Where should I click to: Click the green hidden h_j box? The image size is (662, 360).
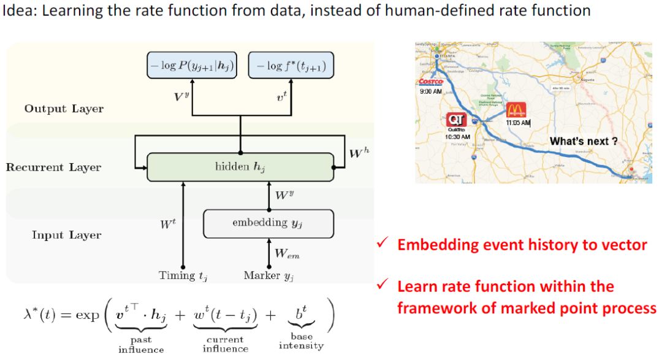(x=240, y=167)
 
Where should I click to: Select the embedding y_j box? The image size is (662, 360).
(x=268, y=223)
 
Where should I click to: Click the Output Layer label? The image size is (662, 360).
(x=64, y=109)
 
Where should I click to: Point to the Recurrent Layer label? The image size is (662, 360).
(x=54, y=167)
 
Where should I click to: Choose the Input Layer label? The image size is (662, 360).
(x=67, y=235)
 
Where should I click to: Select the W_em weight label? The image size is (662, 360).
(x=286, y=253)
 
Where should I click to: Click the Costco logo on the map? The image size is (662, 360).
(x=430, y=82)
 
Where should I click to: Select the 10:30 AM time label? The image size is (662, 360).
(x=457, y=136)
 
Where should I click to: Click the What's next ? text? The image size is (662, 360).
(x=583, y=141)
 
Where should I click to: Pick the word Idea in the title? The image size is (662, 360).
(x=17, y=10)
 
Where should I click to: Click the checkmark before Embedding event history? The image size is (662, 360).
(x=381, y=245)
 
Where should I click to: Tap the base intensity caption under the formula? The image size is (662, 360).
(x=300, y=341)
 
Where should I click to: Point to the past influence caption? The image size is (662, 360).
(x=141, y=344)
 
